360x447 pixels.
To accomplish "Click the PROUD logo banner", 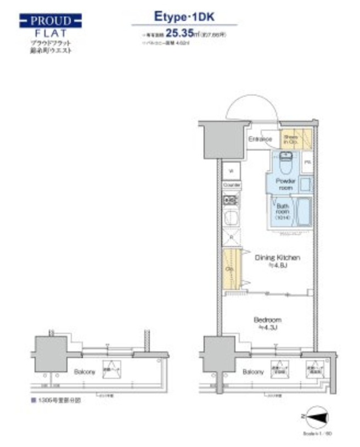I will tap(51, 22).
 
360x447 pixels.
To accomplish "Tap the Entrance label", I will tap(260, 139).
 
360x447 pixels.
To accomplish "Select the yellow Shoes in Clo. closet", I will tap(291, 139).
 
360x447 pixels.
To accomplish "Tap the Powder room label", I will tap(286, 185).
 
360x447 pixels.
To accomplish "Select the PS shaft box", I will tap(308, 163).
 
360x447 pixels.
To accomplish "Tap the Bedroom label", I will tap(267, 323).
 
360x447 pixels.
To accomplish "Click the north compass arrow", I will tap(314, 418).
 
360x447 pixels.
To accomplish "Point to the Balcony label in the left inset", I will tap(85, 372).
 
